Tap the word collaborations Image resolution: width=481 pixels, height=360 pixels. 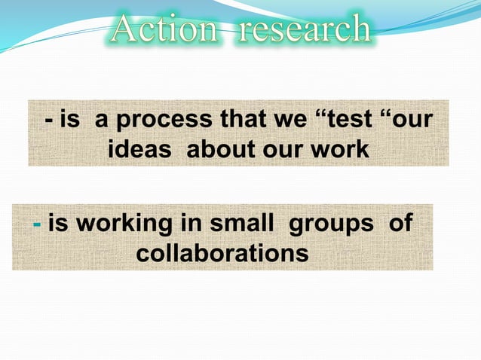(222, 253)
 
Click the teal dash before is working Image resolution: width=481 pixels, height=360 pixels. (38, 224)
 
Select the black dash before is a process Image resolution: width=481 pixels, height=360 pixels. (49, 121)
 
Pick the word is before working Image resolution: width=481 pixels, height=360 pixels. (60, 224)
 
